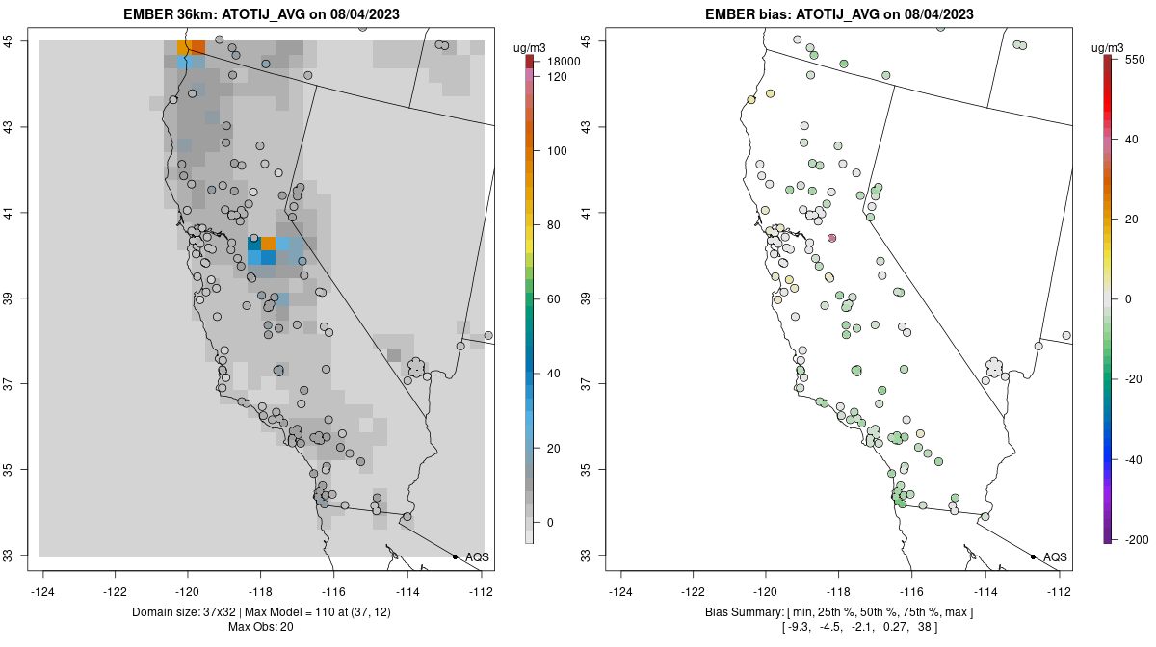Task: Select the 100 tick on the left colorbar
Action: tap(557, 151)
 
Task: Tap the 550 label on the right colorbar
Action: tap(1134, 59)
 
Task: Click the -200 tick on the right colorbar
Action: tap(1135, 539)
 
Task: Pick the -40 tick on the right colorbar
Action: tap(1135, 459)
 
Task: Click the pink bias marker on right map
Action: tap(832, 238)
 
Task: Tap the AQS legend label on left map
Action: tap(477, 556)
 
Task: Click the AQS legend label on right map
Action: tap(1055, 556)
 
